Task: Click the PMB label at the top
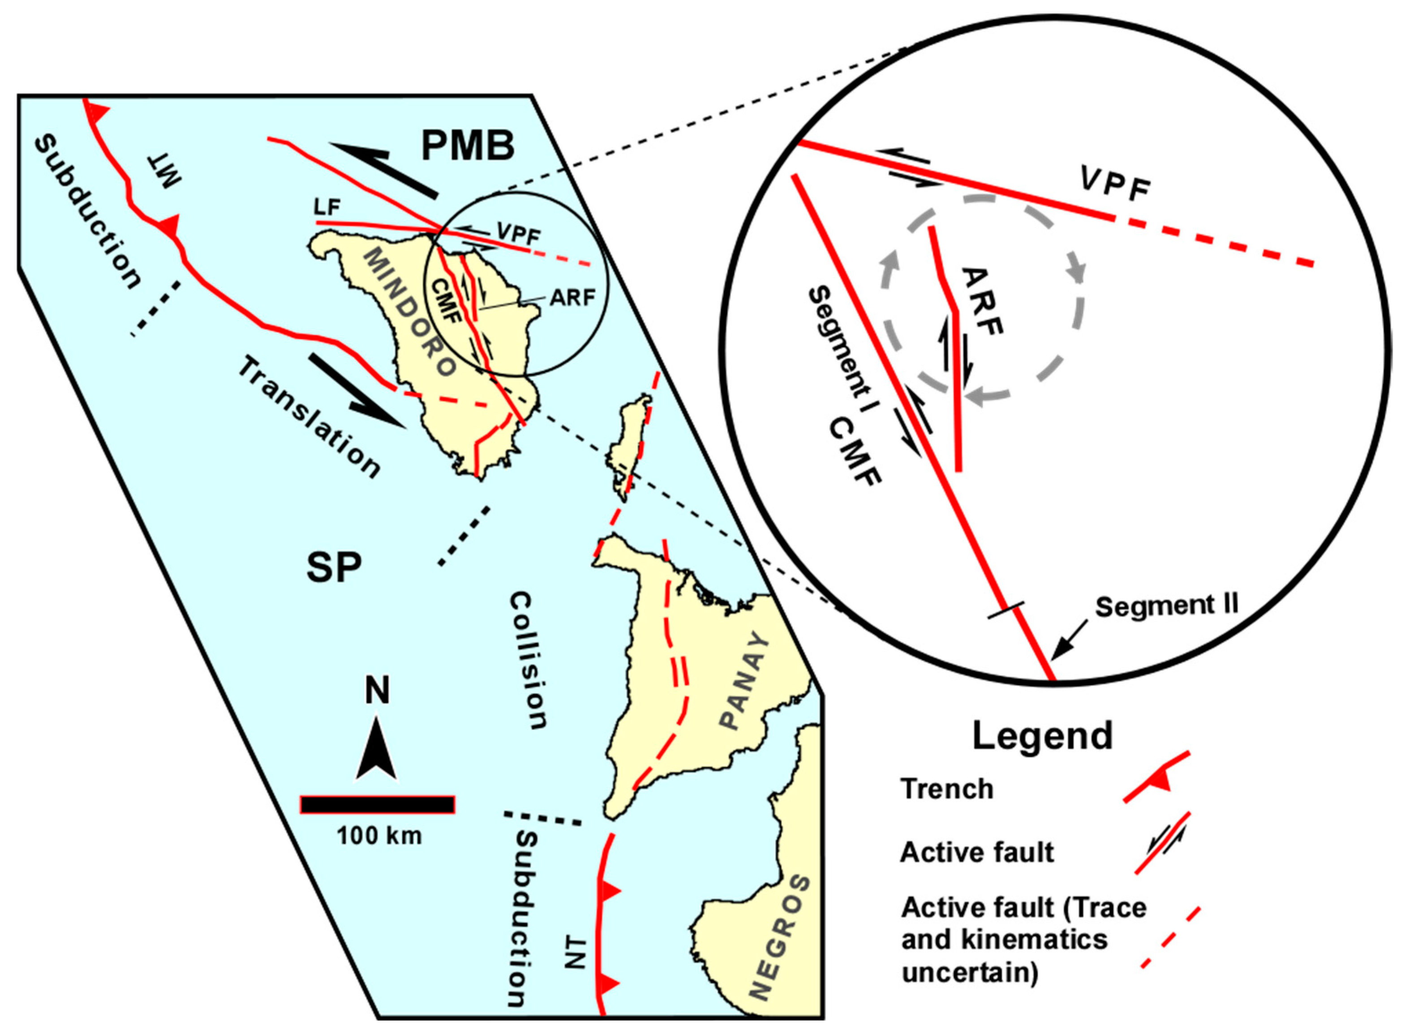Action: [468, 146]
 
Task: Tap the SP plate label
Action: [334, 568]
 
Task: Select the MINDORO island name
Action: [410, 312]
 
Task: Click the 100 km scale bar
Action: [378, 804]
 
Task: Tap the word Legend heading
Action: [1042, 736]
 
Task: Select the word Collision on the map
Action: [528, 661]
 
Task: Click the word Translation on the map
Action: [309, 417]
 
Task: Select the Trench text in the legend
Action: [946, 789]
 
